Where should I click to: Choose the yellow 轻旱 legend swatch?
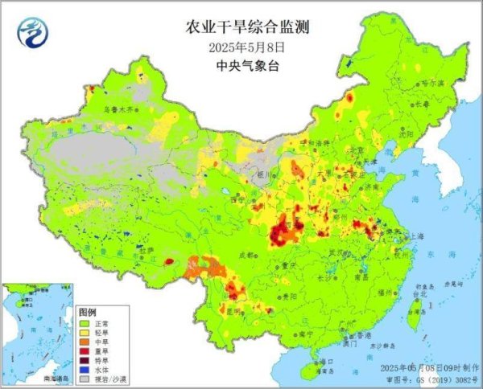[x=85, y=331]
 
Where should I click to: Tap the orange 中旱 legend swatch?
[x=85, y=341]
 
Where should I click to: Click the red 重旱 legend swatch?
[x=85, y=350]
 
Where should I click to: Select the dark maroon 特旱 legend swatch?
[x=85, y=360]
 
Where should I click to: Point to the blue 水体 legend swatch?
[x=85, y=370]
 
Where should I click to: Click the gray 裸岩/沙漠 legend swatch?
[x=85, y=379]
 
